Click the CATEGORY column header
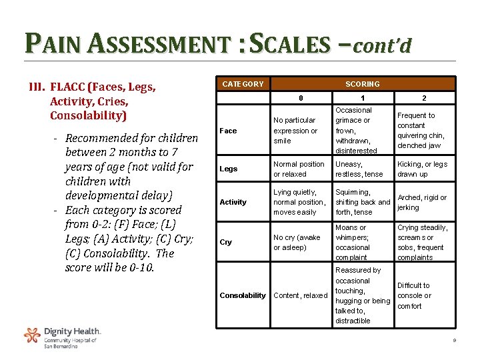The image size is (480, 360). (x=243, y=84)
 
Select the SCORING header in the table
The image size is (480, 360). (x=363, y=84)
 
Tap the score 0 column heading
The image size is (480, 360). (x=301, y=99)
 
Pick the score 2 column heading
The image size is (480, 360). (x=424, y=99)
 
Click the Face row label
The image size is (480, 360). (x=228, y=131)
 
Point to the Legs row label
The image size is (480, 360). (x=228, y=169)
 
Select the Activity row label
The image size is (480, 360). (x=233, y=202)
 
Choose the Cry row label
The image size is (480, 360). (x=226, y=242)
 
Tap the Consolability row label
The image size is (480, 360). (x=243, y=295)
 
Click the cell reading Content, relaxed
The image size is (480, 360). (x=300, y=295)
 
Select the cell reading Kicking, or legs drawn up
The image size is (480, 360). (x=423, y=169)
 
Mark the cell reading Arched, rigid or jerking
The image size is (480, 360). (x=422, y=202)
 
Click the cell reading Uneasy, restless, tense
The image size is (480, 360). (x=359, y=169)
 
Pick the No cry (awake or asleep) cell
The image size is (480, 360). (x=297, y=242)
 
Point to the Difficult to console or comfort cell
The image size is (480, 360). (x=414, y=295)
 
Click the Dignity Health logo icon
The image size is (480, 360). (x=32, y=335)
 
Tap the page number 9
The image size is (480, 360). (x=453, y=341)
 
